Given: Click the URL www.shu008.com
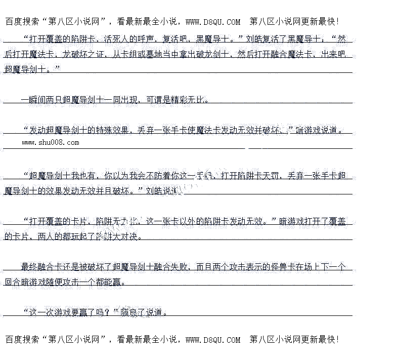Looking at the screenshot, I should pyautogui.click(x=51, y=142).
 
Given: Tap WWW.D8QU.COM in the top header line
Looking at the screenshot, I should pyautogui.click(x=213, y=22).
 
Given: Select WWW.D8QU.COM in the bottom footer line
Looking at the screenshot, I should pyautogui.click(x=213, y=340).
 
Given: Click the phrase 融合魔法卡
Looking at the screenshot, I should pyautogui.click(x=289, y=54).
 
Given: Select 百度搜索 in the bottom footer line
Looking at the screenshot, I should pyautogui.click(x=21, y=340).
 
